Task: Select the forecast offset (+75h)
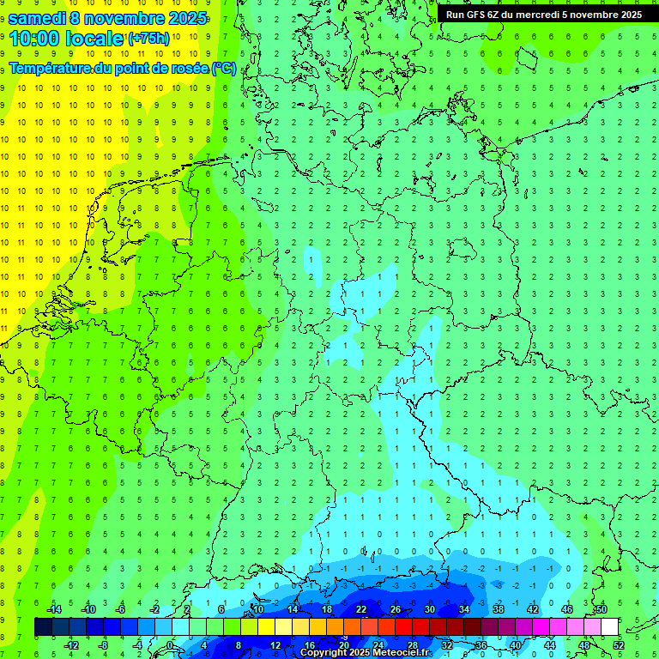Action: click(x=148, y=39)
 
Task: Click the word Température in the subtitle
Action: click(x=51, y=69)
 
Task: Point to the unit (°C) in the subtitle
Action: click(x=224, y=69)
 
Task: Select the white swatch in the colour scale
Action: click(x=609, y=627)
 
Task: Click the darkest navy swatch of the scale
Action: click(x=43, y=627)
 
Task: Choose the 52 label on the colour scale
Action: click(x=618, y=645)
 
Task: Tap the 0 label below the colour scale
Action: click(x=171, y=645)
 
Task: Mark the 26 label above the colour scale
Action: click(x=395, y=609)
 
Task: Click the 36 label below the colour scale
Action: click(x=481, y=645)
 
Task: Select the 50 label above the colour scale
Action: click(x=601, y=609)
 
